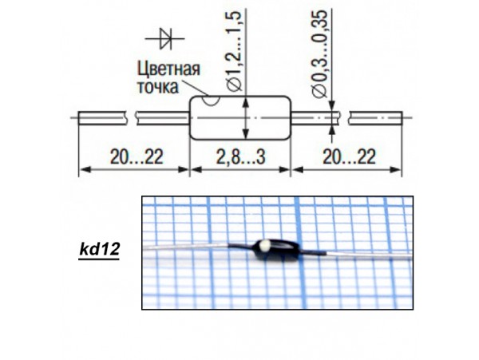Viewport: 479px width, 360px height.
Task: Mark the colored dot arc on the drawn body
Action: point(209,101)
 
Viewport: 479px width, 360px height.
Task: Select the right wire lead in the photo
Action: point(359,255)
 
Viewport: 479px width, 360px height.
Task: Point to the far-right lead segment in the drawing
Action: point(376,119)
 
